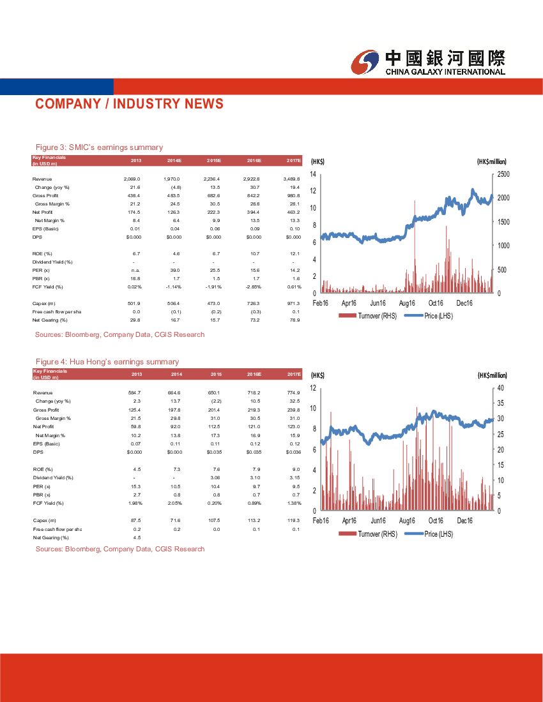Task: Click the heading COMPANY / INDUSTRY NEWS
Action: pyautogui.click(x=129, y=104)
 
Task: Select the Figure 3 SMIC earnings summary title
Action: pyautogui.click(x=99, y=147)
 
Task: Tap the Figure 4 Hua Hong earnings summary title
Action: pyautogui.click(x=107, y=362)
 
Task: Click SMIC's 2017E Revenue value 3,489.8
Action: pyautogui.click(x=290, y=179)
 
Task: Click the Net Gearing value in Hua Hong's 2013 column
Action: pyautogui.click(x=136, y=537)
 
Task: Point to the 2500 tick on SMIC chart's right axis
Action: pyautogui.click(x=503, y=174)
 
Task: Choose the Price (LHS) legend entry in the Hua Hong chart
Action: pyautogui.click(x=438, y=534)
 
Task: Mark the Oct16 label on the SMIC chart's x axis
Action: pyautogui.click(x=436, y=303)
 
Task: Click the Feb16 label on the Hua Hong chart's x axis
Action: pyautogui.click(x=321, y=521)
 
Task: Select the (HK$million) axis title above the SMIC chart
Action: pyautogui.click(x=491, y=161)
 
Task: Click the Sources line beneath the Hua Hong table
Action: pyautogui.click(x=120, y=549)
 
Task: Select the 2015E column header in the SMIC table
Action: pyautogui.click(x=214, y=160)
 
